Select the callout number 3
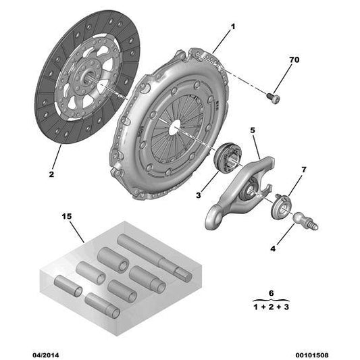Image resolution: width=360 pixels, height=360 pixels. point(199,195)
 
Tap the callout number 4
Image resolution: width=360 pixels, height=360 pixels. point(273,249)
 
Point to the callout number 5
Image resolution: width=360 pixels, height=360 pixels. point(253,131)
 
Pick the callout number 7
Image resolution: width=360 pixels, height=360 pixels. point(303,168)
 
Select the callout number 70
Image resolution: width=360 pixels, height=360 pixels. point(294,61)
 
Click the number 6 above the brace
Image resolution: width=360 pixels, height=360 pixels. point(270,294)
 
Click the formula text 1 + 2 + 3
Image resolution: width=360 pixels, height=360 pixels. point(270,307)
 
